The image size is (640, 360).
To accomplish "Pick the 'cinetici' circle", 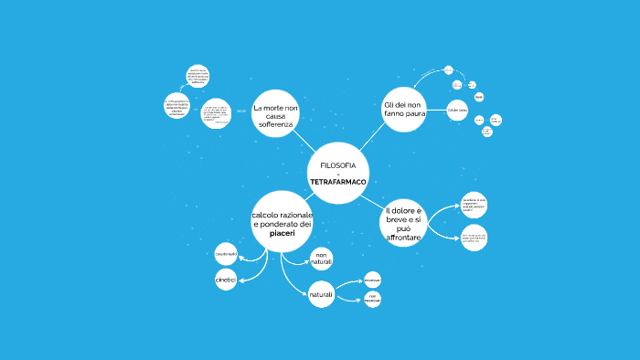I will (x=225, y=280).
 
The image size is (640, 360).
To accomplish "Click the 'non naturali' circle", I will (x=322, y=259).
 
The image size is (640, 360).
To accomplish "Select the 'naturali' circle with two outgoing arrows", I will (x=322, y=295).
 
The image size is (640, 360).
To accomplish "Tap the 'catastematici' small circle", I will (x=225, y=252).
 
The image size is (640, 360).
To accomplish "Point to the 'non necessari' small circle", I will (x=372, y=299).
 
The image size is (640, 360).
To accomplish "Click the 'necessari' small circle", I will (x=372, y=279).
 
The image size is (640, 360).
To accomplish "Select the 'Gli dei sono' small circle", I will (x=457, y=111).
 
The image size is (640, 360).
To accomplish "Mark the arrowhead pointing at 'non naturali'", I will (x=308, y=263).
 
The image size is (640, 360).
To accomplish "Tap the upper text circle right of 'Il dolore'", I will (x=475, y=205).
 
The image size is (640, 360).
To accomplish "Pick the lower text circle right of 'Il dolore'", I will (x=475, y=239).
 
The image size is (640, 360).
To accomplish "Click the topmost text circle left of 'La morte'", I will (x=198, y=76).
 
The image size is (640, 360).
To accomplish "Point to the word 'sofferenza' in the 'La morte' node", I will (x=275, y=124).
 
